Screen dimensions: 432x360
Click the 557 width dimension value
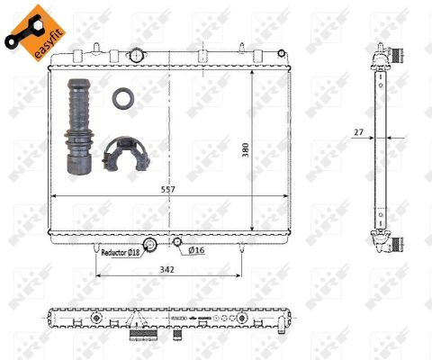click(168, 190)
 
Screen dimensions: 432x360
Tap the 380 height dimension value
click(246, 150)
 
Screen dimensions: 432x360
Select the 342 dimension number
click(166, 269)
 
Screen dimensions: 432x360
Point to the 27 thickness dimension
click(358, 132)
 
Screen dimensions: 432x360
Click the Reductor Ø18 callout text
click(121, 253)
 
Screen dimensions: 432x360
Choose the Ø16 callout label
click(196, 250)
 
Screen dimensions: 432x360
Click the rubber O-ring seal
click(123, 98)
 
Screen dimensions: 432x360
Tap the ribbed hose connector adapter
click(78, 126)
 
